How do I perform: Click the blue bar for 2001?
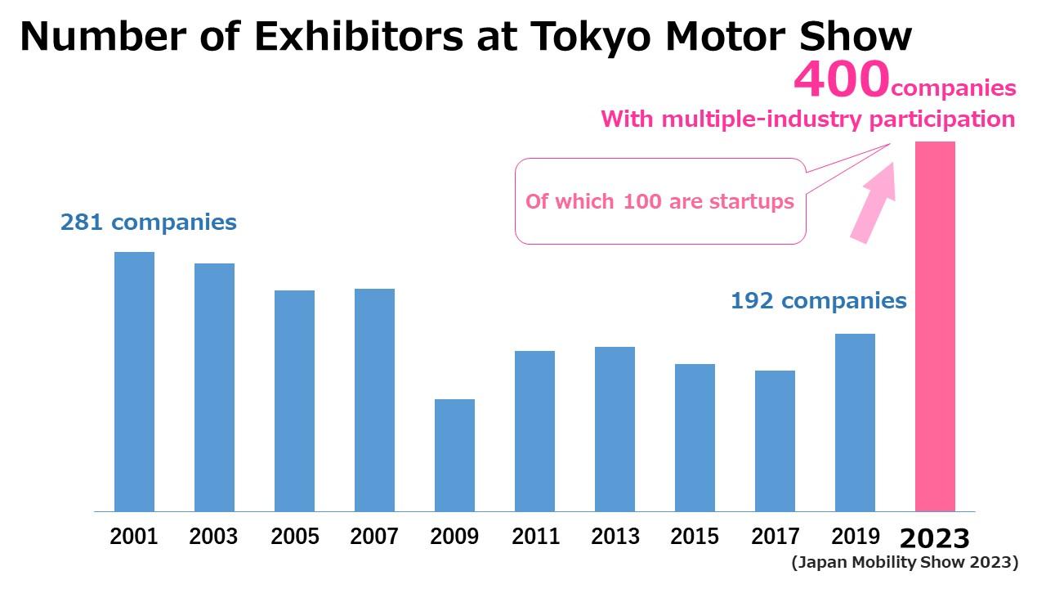pyautogui.click(x=134, y=381)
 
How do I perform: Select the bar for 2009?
pyautogui.click(x=454, y=455)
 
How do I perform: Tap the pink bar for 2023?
pyautogui.click(x=935, y=326)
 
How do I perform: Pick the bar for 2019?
pyautogui.click(x=855, y=422)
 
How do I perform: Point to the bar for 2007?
pyautogui.click(x=374, y=400)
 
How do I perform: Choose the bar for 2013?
pyautogui.click(x=615, y=429)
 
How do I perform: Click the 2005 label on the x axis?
pyautogui.click(x=294, y=537)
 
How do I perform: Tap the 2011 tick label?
pyautogui.click(x=535, y=537)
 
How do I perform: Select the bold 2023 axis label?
pyautogui.click(x=935, y=538)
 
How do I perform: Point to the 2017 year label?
pyautogui.click(x=775, y=537)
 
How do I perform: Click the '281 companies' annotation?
pyautogui.click(x=148, y=222)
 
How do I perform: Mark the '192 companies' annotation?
pyautogui.click(x=818, y=301)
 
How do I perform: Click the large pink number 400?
pyautogui.click(x=842, y=79)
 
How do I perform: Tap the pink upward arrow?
pyautogui.click(x=874, y=200)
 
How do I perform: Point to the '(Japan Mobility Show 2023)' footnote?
pyautogui.click(x=904, y=562)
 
